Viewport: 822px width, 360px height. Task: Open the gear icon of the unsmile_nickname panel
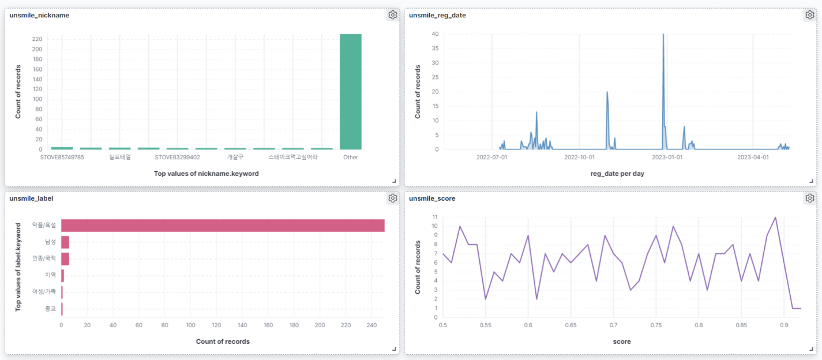393,16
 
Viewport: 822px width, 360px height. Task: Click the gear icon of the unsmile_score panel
810,198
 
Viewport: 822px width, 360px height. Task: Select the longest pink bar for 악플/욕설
223,226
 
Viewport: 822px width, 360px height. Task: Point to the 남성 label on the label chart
50,242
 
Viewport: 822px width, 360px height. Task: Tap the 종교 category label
50,309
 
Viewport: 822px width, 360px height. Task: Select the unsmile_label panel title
31,198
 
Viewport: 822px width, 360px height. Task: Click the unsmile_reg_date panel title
437,16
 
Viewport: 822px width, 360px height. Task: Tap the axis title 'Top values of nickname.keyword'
206,173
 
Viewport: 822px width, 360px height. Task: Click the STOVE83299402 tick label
177,157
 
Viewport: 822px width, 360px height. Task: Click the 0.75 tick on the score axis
656,325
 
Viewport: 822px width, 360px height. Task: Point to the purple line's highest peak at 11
775,217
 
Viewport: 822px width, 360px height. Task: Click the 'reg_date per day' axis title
617,173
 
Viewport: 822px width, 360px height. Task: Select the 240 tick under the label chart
371,325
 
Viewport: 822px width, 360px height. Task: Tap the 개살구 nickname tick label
235,157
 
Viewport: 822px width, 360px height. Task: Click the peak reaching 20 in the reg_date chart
607,92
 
